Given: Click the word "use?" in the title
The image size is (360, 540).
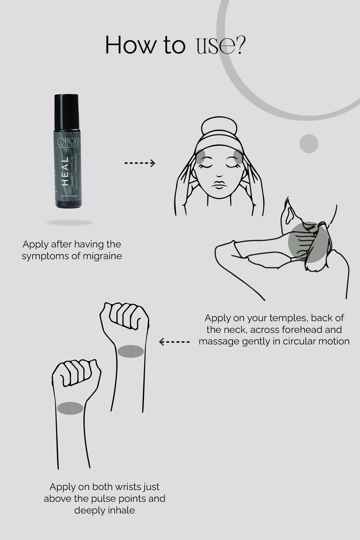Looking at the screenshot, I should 220,46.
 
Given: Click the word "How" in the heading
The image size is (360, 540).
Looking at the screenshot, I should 130,46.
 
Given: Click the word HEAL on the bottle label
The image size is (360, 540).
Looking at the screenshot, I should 65,171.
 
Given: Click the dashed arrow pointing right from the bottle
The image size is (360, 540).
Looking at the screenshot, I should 140,163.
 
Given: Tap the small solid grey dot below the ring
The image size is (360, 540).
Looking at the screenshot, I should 309,144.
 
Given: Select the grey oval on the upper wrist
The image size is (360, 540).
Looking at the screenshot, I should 131,351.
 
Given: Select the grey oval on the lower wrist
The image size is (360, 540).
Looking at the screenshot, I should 70,408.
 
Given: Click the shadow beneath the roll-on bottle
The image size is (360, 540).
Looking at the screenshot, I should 70,222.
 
